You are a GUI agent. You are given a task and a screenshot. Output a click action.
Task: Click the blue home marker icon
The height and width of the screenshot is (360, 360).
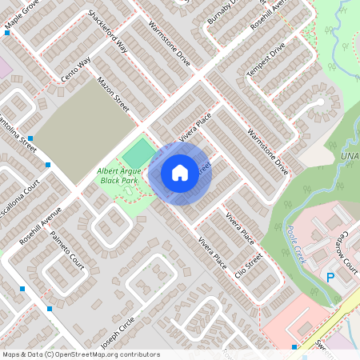[180, 172]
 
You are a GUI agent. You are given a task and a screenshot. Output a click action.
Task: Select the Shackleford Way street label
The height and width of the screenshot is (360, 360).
[107, 31]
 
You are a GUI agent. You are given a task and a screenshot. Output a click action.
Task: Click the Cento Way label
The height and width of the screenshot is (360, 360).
[77, 70]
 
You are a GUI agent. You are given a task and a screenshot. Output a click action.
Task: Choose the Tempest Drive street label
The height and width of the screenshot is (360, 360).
[266, 61]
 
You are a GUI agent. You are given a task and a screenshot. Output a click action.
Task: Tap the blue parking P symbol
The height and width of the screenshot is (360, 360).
[330, 278]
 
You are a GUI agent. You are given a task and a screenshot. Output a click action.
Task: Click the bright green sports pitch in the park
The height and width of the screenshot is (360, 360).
[140, 152]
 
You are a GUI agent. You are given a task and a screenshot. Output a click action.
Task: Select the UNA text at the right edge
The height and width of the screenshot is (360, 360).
[349, 155]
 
